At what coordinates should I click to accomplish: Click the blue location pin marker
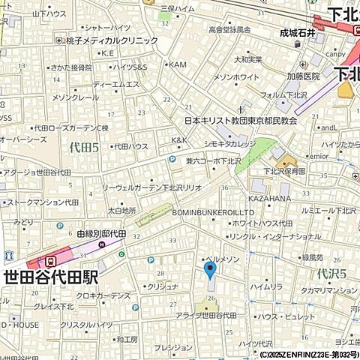[210, 268]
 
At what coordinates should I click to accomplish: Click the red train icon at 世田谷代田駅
[50, 261]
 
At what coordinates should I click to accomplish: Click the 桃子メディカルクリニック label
[112, 40]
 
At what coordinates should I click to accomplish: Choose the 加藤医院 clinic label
[301, 76]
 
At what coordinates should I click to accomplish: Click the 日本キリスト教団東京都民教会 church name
[241, 120]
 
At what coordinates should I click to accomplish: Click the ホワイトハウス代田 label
[263, 223]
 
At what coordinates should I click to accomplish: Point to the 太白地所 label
[121, 211]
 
